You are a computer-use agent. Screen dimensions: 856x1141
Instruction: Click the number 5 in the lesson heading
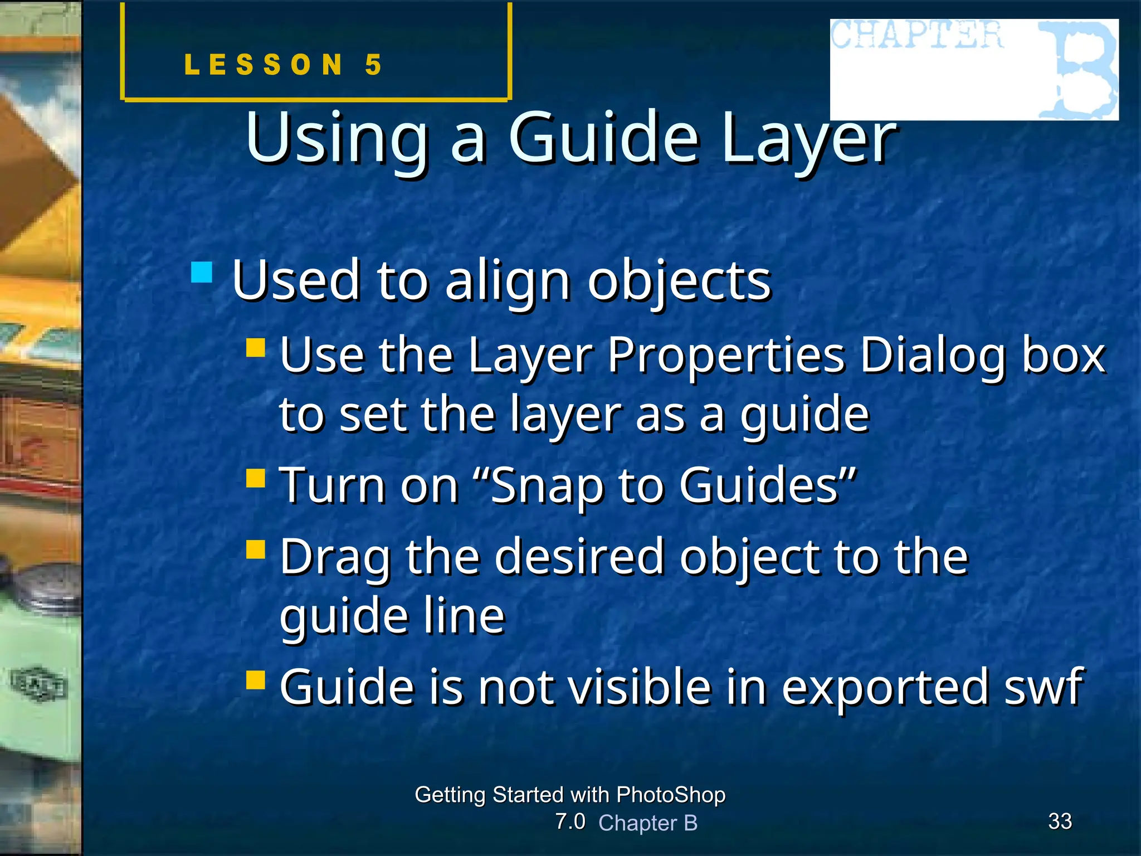pos(373,65)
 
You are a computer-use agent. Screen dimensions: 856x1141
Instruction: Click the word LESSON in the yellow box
pos(264,65)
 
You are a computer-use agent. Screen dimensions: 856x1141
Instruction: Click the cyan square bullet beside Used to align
pos(202,273)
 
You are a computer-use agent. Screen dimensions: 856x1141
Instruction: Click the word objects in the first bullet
pos(680,281)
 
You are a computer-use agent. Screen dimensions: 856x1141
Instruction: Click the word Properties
pos(726,357)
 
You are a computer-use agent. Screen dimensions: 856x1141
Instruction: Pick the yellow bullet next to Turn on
pos(256,478)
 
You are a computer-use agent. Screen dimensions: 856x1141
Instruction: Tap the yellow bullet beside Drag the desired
pos(256,549)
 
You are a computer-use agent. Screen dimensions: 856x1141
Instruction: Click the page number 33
pos(1060,821)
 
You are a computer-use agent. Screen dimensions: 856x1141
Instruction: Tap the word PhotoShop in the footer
pos(671,795)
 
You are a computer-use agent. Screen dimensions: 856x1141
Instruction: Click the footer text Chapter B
pos(647,823)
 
